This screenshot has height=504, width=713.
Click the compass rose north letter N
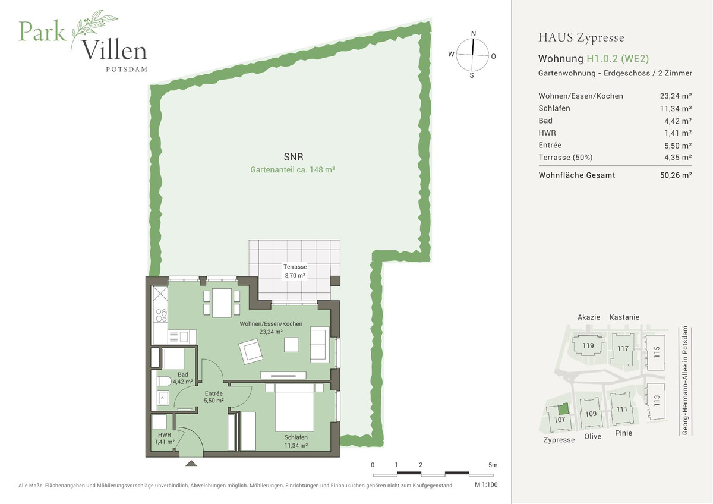[x=474, y=33]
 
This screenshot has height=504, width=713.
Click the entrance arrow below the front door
[x=191, y=462]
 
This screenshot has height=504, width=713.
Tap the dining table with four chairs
[x=222, y=303]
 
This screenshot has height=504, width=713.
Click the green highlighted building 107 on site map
[x=563, y=409]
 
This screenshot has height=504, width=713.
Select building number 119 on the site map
[x=588, y=346]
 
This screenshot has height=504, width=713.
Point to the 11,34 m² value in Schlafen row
[x=678, y=108]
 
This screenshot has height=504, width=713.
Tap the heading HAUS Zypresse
[x=581, y=38]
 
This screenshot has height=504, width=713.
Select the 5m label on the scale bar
[x=493, y=464]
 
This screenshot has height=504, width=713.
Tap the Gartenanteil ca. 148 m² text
[x=292, y=169]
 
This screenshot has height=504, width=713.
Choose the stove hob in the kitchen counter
[x=160, y=315]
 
